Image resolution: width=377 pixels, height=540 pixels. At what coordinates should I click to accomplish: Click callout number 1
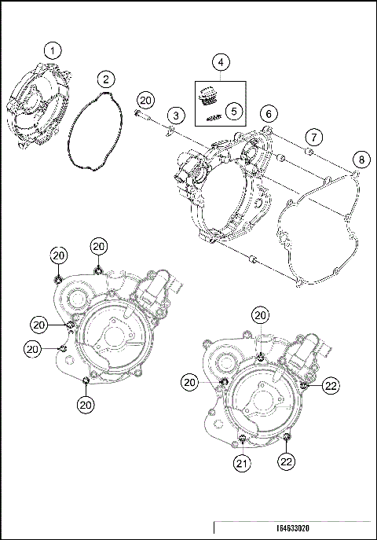click(x=52, y=51)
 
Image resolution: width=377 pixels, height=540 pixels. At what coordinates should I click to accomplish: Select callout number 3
click(x=178, y=116)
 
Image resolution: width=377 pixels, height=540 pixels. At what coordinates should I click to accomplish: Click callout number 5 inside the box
click(x=233, y=111)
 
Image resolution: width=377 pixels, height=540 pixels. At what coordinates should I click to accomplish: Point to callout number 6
click(x=269, y=114)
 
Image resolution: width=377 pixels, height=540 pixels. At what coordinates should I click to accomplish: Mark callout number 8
click(x=360, y=160)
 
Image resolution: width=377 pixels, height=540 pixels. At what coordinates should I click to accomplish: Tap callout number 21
click(x=244, y=465)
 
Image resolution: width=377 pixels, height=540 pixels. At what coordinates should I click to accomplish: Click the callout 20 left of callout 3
click(x=145, y=100)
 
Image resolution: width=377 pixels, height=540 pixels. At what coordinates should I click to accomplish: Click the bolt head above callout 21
click(x=244, y=438)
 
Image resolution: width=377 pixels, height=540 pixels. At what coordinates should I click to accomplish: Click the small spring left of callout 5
click(x=212, y=116)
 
